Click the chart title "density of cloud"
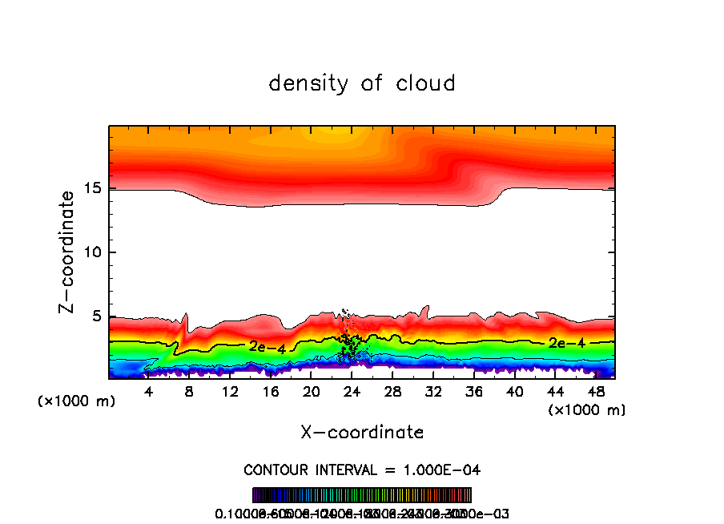pos(362,83)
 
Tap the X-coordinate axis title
pos(362,432)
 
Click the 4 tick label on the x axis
pos(149,391)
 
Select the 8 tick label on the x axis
pos(190,391)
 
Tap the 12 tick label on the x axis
pos(230,391)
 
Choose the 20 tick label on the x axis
pos(312,391)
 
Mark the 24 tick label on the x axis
pos(352,391)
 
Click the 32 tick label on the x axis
pos(433,391)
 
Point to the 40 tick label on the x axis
pos(514,391)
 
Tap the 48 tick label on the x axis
pos(595,391)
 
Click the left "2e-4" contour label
pos(267,347)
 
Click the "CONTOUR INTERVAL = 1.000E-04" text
pos(362,469)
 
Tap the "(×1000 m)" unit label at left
pos(77,401)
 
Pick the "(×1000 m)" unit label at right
pos(587,410)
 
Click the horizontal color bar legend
pos(362,494)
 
